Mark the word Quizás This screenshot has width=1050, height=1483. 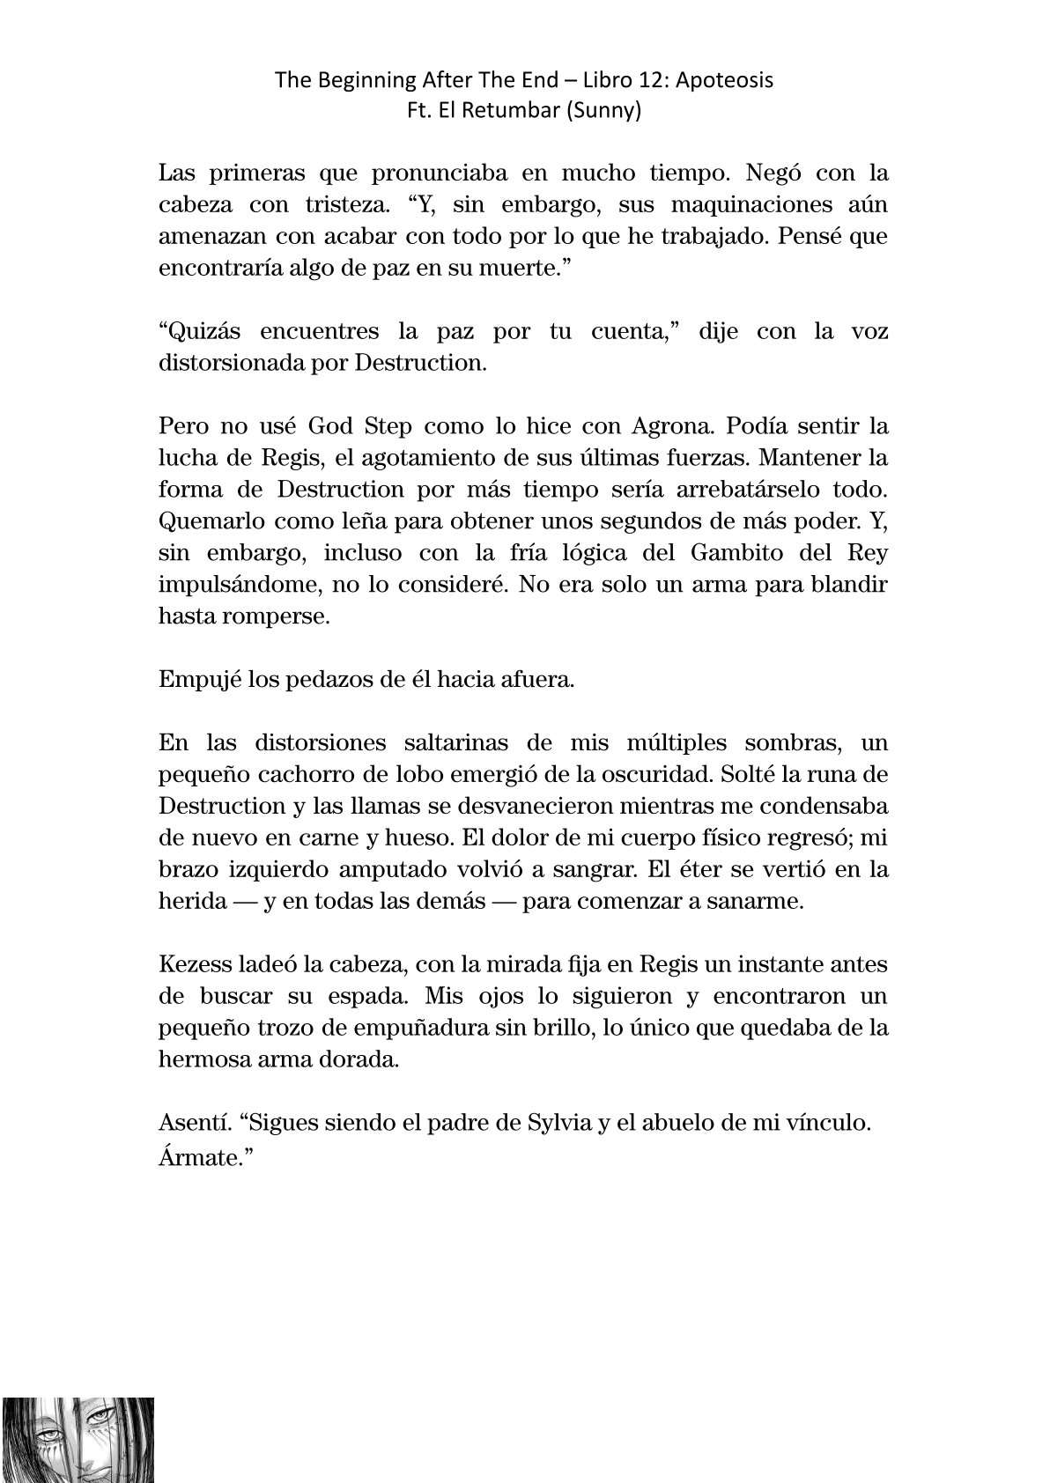point(198,331)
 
